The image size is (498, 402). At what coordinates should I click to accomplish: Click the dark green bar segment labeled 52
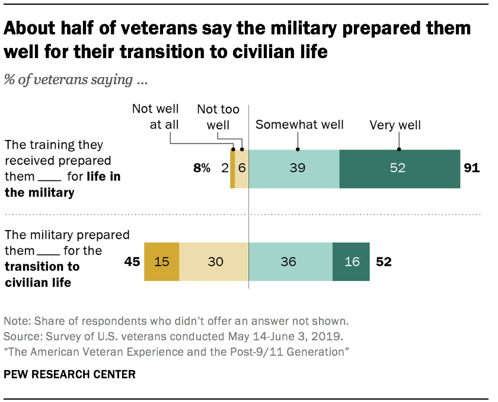[x=400, y=168]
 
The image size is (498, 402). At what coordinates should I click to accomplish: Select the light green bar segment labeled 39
[x=293, y=168]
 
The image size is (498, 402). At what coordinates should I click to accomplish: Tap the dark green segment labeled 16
[x=351, y=261]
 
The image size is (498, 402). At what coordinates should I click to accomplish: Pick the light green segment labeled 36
[x=290, y=261]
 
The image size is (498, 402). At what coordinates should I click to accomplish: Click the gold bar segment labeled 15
[x=161, y=261]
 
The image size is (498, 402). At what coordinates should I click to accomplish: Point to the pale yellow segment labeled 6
[x=242, y=168]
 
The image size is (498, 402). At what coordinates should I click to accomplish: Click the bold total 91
[x=471, y=168]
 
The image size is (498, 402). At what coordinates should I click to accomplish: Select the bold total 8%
[x=202, y=168]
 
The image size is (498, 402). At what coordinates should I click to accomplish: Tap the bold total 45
[x=132, y=261]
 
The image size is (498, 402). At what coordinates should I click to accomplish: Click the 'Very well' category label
[x=395, y=125]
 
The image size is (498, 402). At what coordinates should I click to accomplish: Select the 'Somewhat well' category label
[x=299, y=125]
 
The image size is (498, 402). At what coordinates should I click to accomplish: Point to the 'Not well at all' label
[x=155, y=116]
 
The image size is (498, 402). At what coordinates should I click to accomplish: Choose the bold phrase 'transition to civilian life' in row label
[x=42, y=275]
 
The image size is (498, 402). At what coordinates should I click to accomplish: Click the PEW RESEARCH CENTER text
[x=70, y=375]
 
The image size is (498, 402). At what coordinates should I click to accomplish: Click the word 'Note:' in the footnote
[x=18, y=321]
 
